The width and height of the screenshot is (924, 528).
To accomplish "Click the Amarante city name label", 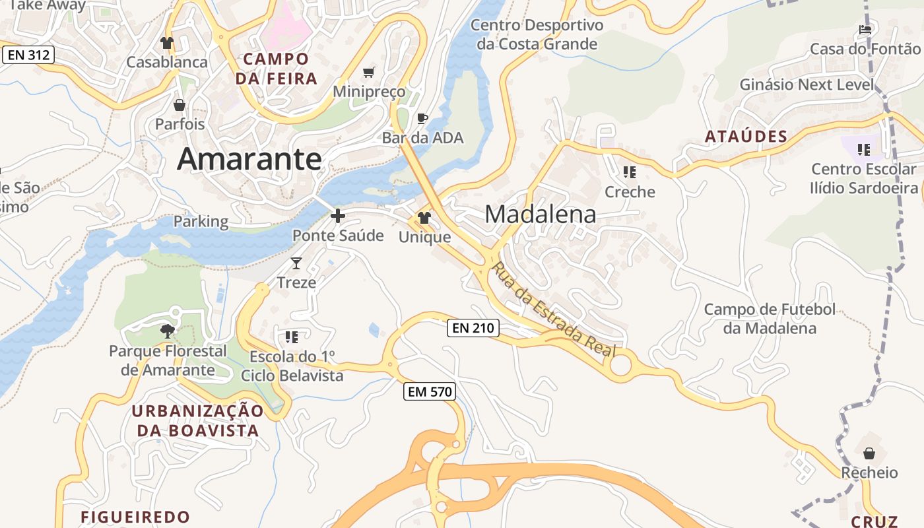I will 249,159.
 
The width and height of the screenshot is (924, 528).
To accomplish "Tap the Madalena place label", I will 541,214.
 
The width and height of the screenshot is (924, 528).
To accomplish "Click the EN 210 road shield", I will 473,327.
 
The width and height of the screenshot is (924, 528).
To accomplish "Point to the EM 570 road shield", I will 430,391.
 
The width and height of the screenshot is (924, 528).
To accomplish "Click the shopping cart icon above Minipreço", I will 369,72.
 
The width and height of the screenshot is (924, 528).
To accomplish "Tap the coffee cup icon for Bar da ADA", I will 422,119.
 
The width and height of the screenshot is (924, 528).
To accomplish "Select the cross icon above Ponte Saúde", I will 338,216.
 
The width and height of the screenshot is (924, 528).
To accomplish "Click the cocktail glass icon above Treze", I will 296,263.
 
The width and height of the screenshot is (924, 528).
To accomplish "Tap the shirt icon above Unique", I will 424,218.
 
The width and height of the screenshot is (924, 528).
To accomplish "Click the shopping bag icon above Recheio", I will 869,453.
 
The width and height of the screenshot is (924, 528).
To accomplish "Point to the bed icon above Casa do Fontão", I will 865,30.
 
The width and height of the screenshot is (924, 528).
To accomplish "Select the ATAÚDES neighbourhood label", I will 746,137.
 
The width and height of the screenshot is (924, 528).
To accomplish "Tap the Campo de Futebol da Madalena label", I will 770,319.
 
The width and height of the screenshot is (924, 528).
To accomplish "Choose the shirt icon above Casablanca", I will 166,43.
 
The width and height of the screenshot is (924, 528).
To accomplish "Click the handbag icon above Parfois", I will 179,105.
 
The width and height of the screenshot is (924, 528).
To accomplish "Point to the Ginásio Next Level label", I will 807,84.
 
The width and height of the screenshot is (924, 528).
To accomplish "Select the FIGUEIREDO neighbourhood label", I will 135,516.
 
